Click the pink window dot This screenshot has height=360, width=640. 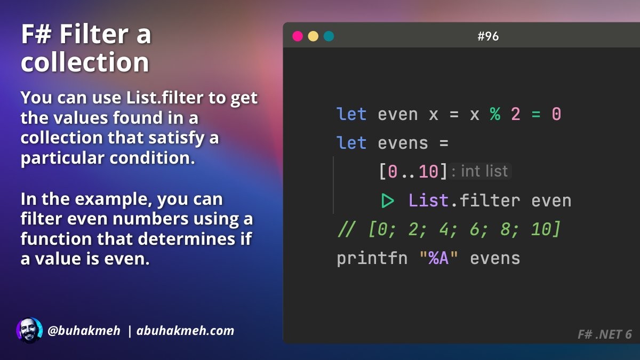298,36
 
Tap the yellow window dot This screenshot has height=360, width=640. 313,36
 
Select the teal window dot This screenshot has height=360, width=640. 329,36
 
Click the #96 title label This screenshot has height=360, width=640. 488,36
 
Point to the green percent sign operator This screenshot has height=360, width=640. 495,114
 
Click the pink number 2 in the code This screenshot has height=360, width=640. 516,114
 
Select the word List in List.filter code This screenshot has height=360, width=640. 428,201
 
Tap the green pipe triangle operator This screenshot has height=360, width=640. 388,201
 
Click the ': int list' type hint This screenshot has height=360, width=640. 479,171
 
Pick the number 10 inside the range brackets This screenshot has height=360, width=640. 428,172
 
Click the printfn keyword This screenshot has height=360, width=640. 372,259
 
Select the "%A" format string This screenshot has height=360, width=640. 438,258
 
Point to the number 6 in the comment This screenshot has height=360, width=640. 475,229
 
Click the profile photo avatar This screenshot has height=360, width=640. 29,330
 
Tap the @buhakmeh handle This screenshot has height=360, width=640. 84,331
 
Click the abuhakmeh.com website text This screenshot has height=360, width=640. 186,331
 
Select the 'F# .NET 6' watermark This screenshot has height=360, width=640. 605,334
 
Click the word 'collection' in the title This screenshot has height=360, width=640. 85,62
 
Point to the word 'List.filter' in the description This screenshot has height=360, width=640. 165,98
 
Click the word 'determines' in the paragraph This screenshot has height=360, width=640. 166,238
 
